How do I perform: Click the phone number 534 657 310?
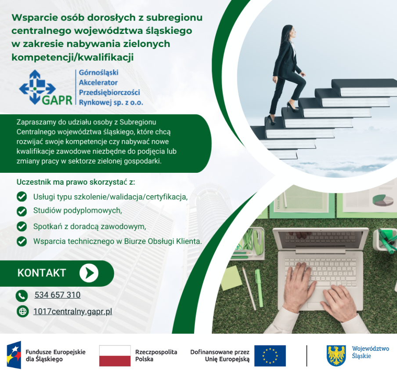58,295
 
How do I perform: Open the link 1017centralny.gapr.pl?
72,311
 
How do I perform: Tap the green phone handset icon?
22,296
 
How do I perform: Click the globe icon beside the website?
23,311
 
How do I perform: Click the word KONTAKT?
42,273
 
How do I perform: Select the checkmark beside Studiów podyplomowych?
22,211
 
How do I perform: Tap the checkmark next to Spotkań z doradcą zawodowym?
22,226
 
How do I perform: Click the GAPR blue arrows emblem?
37,87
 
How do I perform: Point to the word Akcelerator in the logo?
98,83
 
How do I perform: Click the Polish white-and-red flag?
115,356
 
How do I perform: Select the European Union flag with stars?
270,356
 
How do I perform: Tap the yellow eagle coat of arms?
336,356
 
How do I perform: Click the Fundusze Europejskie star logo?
14,355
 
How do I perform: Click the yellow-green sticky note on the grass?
231,278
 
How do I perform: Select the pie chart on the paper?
383,200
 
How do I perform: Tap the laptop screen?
321,239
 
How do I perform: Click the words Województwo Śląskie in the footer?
370,352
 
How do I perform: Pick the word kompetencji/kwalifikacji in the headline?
72,57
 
